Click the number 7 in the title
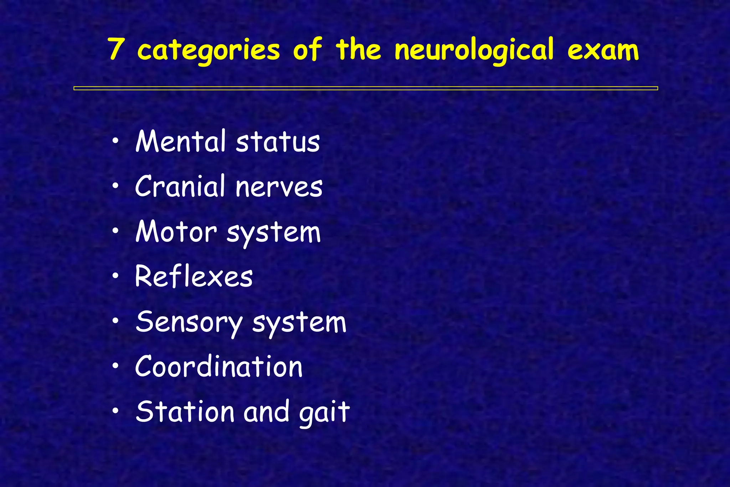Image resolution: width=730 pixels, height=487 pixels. tap(115, 49)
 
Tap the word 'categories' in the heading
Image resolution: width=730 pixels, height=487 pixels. tap(209, 50)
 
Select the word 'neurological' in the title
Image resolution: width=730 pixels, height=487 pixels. tap(474, 50)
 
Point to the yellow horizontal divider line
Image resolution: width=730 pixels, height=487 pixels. tap(365, 88)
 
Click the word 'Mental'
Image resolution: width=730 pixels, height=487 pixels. tap(181, 141)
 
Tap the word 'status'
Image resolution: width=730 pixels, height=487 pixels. tap(278, 142)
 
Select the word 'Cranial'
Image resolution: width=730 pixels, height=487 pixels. tap(180, 186)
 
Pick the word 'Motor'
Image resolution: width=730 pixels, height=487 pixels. tap(176, 232)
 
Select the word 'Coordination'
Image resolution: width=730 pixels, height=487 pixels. tap(219, 366)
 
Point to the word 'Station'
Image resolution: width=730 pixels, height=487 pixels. tap(185, 411)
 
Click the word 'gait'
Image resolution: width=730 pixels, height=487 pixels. tap(324, 413)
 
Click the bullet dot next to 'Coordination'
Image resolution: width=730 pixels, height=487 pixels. tap(115, 366)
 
